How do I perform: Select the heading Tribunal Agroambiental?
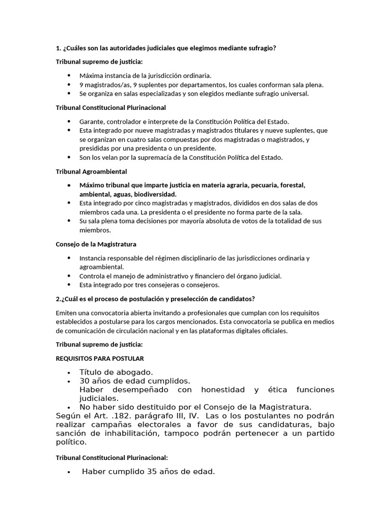[x=91, y=171]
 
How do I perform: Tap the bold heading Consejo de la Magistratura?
[x=96, y=244]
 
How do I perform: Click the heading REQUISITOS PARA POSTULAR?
[x=99, y=358]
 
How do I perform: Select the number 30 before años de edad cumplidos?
[x=85, y=381]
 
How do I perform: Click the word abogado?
[x=133, y=372]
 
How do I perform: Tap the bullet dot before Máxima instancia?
[x=69, y=76]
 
